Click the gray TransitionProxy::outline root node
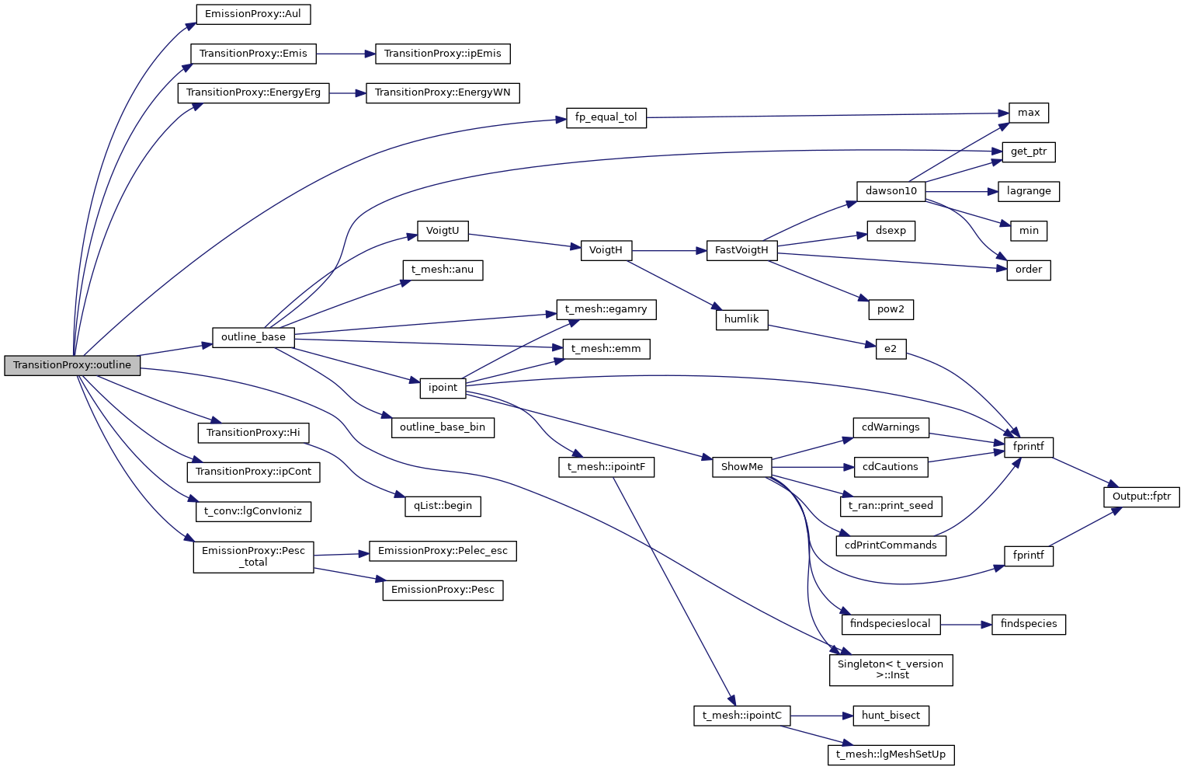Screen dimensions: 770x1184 [x=72, y=365]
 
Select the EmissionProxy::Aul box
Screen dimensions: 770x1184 [x=253, y=14]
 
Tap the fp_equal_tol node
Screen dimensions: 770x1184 [x=606, y=117]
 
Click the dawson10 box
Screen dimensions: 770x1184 [x=891, y=191]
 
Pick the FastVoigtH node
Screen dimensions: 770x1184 [x=741, y=250]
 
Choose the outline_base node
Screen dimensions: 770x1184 [x=253, y=337]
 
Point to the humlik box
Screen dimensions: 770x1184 [x=741, y=319]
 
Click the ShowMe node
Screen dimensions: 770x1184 [x=741, y=467]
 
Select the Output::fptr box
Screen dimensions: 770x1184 [x=1141, y=496]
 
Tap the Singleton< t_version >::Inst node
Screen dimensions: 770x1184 [x=891, y=670]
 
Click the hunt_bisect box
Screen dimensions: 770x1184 [x=891, y=716]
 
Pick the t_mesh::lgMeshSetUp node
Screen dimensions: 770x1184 [x=891, y=754]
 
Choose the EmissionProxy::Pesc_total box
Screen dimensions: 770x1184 [x=253, y=556]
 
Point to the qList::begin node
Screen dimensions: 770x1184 [x=443, y=506]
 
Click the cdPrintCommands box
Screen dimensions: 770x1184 [x=891, y=545]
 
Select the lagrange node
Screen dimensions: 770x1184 [x=1029, y=191]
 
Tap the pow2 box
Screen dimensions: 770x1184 [x=891, y=309]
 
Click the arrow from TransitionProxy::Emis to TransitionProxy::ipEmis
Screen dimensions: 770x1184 [x=345, y=54]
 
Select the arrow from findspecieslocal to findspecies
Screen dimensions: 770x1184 [x=966, y=624]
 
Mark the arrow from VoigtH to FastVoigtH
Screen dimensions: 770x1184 [x=668, y=251]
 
